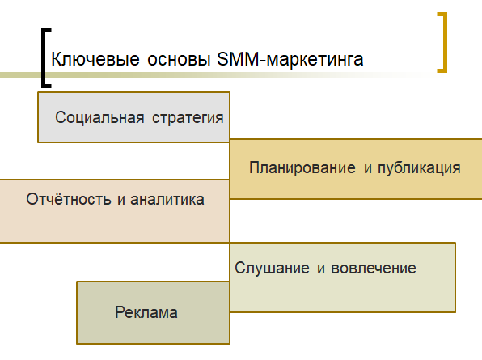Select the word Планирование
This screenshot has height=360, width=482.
pyautogui.click(x=302, y=168)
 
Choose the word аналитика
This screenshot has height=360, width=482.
pyautogui.click(x=167, y=199)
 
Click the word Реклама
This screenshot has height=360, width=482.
pyautogui.click(x=146, y=312)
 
